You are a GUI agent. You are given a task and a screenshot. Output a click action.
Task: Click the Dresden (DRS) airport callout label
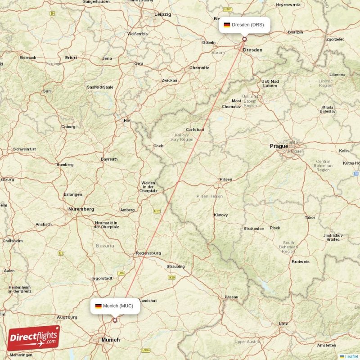click(244, 25)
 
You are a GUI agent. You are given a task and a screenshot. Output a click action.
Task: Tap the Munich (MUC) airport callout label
click(114, 306)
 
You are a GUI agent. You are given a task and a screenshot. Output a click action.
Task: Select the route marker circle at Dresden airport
click(244, 39)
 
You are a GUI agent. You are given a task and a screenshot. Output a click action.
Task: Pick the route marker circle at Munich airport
click(115, 320)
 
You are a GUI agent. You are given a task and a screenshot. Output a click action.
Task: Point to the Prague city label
click(279, 146)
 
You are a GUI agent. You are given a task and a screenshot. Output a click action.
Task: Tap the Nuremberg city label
click(81, 209)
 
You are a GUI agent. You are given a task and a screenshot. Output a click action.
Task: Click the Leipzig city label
click(163, 14)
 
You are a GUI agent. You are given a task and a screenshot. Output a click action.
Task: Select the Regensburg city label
click(148, 253)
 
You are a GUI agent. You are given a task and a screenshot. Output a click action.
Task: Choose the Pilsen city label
click(226, 180)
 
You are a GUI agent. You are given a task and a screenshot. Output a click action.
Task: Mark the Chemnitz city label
click(199, 68)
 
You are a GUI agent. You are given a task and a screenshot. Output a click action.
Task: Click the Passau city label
click(231, 297)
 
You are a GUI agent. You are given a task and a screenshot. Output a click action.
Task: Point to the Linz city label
click(283, 324)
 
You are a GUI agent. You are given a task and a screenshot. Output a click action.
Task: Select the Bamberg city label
click(65, 165)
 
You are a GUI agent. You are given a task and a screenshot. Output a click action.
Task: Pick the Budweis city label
click(300, 262)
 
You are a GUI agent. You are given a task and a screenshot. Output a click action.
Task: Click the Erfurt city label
click(71, 58)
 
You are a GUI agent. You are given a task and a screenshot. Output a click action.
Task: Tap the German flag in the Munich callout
click(98, 306)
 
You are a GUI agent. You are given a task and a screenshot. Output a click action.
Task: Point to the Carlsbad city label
click(195, 130)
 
